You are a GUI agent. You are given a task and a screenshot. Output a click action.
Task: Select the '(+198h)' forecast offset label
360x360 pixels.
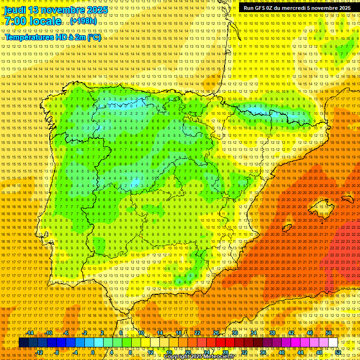[84, 21]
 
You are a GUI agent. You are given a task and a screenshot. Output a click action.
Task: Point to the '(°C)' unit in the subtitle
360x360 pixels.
[93, 37]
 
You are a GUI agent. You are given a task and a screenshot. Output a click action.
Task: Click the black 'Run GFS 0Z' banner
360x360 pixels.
[297, 8]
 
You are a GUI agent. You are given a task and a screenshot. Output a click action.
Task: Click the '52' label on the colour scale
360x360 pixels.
[338, 352]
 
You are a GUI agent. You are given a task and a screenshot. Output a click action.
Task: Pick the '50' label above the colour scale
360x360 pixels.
[329, 333]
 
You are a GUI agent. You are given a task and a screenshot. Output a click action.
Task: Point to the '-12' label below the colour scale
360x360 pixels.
[39, 352]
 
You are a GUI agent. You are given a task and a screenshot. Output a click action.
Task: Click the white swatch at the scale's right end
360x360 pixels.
[333, 343]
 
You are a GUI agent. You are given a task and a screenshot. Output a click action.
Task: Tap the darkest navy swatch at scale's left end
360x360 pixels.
[23, 343]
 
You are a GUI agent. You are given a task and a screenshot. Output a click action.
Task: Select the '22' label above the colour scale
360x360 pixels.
[197, 333]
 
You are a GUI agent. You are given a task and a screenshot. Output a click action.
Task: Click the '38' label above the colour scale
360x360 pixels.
[272, 333]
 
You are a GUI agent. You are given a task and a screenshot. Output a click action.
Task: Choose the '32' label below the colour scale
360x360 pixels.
[244, 352]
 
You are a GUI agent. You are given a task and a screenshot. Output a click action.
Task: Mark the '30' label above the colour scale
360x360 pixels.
[235, 333]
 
